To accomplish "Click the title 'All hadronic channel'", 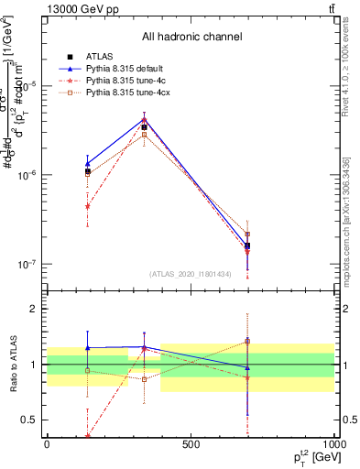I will [x=191, y=37].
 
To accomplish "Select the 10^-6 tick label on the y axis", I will [x=27, y=175].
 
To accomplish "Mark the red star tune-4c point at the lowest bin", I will [x=88, y=207].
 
